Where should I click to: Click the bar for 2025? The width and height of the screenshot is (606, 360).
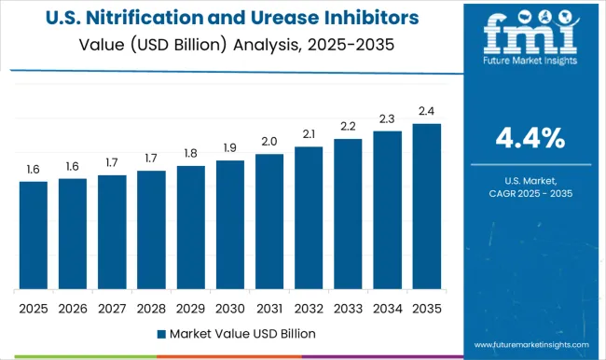(33, 235)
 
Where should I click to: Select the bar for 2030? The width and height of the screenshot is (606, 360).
(229, 225)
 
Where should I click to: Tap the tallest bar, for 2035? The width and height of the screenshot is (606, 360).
(426, 206)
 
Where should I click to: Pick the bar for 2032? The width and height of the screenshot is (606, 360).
(309, 217)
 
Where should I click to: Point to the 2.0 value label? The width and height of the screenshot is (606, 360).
(269, 142)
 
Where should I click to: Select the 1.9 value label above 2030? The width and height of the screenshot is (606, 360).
(229, 148)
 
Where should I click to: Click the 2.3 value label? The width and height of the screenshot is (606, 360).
(387, 118)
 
